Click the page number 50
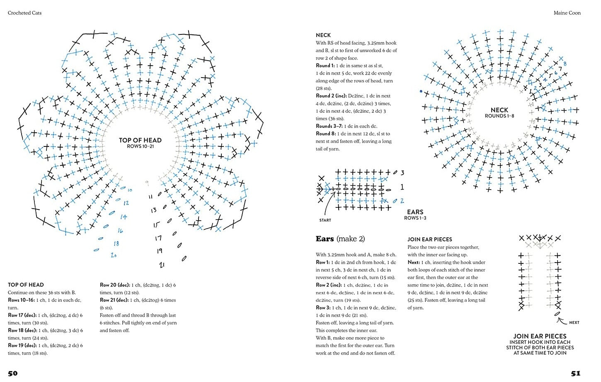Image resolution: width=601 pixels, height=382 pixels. coord(13,373)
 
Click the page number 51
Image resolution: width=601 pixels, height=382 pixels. coord(576,373)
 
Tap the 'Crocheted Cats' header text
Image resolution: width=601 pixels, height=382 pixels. coord(24,13)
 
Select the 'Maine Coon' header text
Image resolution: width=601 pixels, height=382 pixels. coord(567,13)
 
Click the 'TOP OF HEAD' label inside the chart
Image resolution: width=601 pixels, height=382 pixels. coord(140,140)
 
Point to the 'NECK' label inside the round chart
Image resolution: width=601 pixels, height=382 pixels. coord(499,110)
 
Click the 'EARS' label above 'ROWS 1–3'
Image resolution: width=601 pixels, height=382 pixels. coord(415,212)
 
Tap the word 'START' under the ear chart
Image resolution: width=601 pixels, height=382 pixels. coord(325,220)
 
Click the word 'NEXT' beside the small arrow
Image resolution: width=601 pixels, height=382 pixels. coord(574,322)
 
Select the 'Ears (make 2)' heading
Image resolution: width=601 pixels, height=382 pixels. coord(340,239)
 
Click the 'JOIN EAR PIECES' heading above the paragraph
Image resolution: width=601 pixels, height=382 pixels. coord(429,239)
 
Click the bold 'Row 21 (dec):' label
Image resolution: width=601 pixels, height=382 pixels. coord(114,300)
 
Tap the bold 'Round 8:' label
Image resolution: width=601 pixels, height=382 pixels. coord(326,134)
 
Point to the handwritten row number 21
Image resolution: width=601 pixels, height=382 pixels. coord(162,264)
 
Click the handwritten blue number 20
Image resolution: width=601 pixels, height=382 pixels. coord(114,255)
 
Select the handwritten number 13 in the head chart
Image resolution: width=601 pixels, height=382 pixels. coord(153,210)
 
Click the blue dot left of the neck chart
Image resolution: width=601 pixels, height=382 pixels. coord(421,91)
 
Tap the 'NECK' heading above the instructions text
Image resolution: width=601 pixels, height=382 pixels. coord(323,35)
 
